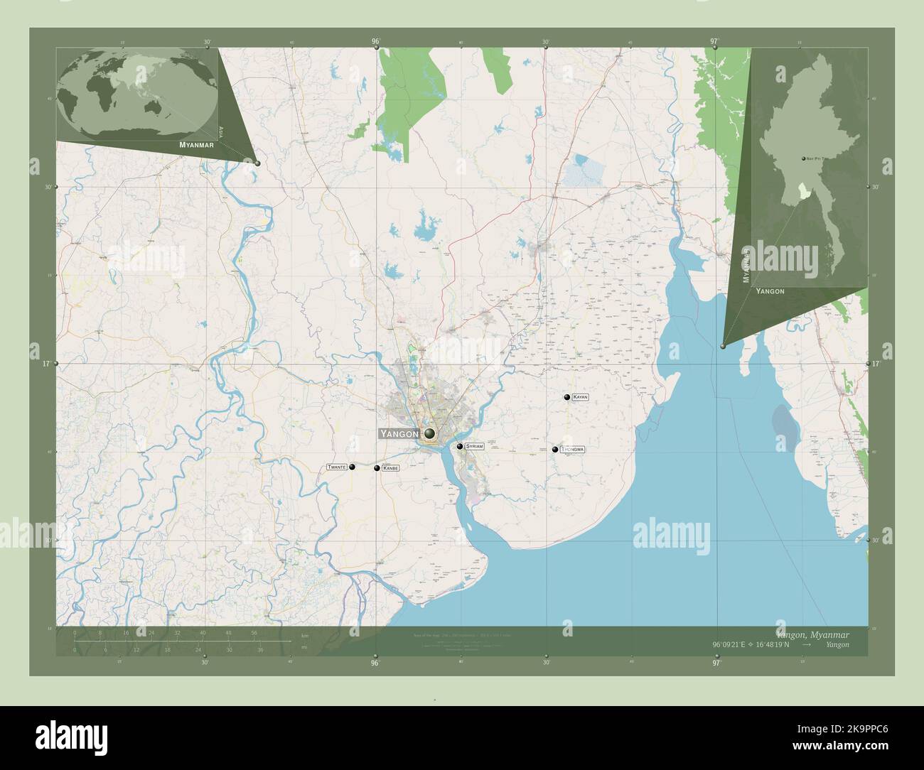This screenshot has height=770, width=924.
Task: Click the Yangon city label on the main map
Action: [400, 433]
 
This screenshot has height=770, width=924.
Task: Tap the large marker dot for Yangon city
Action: [429, 433]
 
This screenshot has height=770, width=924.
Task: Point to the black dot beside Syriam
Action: [461, 446]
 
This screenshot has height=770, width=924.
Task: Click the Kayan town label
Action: [581, 397]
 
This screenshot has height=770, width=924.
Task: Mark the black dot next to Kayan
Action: [566, 397]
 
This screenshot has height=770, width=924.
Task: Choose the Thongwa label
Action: [572, 450]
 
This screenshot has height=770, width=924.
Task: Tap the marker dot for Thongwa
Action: [555, 449]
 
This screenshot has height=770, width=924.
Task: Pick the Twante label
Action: [337, 467]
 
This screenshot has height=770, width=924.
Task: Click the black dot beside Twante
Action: [352, 467]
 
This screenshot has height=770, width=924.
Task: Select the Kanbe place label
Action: [390, 468]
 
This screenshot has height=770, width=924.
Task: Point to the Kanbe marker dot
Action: [377, 467]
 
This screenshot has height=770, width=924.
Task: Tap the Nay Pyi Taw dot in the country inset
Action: [804, 158]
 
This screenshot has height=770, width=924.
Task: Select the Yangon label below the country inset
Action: [770, 291]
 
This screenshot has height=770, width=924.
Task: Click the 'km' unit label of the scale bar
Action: [305, 636]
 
